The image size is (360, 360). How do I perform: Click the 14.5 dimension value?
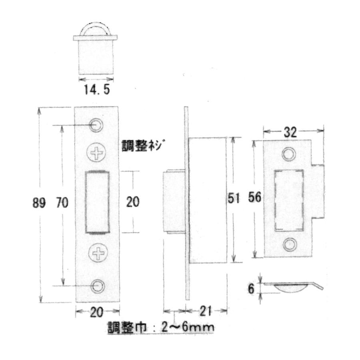click(97, 89)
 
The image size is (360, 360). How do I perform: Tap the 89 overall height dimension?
click(39, 203)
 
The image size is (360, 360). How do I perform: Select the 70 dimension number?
click(62, 203)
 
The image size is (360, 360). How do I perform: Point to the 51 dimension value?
click(234, 198)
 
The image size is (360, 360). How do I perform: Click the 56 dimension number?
click(255, 197)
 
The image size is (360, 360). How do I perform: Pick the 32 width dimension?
click(290, 132)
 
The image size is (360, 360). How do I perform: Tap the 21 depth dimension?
click(206, 312)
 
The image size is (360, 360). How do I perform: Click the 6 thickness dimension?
click(251, 289)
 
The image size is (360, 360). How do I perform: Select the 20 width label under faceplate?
click(96, 312)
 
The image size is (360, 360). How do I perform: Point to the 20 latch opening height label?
click(133, 202)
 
